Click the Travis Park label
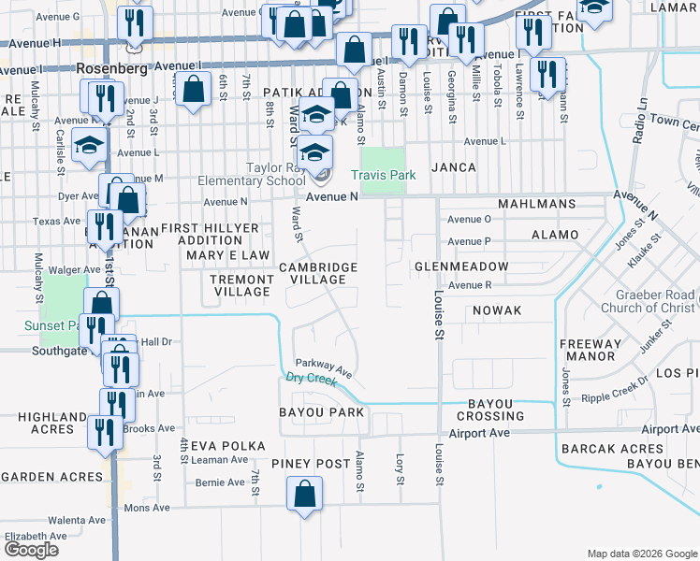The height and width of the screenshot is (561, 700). (x=383, y=175)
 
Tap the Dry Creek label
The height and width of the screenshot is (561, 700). (x=311, y=378)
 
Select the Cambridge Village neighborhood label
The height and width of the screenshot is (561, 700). (x=318, y=273)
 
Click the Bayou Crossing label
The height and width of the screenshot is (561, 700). (x=484, y=409)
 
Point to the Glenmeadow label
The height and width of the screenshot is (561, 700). (x=462, y=266)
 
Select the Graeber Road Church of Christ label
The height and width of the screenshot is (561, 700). (x=649, y=301)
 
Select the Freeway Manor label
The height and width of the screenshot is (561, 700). (x=590, y=350)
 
